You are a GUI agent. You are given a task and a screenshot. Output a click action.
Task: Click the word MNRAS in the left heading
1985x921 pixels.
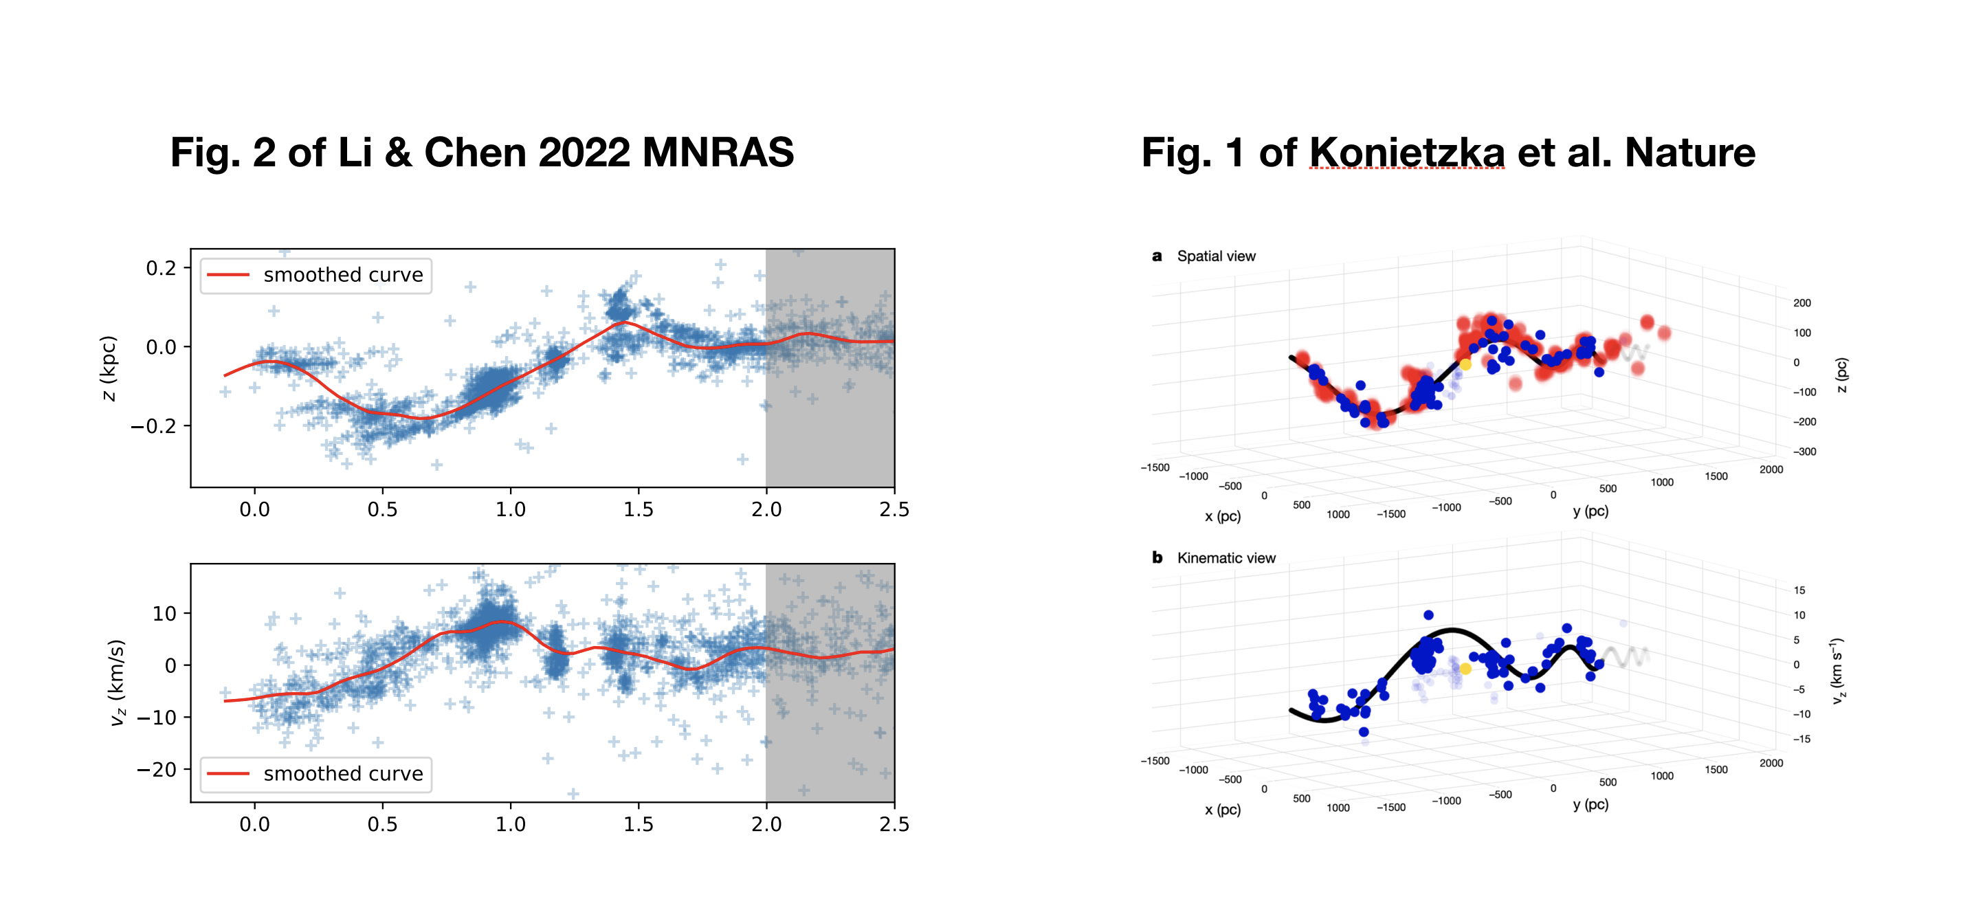718,153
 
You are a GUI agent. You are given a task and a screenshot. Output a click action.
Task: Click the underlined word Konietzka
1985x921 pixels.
1406,153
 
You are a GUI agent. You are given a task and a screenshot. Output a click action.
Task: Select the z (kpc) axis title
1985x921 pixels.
109,368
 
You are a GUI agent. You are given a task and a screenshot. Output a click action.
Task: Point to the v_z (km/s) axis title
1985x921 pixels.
116,683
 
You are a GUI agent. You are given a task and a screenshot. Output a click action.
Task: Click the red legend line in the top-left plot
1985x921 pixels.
228,275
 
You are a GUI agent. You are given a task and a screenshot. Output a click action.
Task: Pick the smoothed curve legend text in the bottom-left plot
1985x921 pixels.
343,774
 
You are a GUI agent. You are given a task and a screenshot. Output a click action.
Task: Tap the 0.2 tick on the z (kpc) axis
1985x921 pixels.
161,268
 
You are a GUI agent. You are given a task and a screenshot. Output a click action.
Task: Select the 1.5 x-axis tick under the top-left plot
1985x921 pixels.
638,509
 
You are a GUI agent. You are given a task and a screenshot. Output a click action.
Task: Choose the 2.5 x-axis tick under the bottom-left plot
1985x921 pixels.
894,825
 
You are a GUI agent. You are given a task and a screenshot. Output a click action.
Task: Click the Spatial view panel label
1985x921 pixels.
1215,256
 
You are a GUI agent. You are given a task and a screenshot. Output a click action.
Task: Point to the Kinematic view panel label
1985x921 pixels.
1226,558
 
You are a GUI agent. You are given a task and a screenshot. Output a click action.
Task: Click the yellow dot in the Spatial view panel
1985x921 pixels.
1465,364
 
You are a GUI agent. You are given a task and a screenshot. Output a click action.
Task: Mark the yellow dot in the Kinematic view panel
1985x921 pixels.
1465,669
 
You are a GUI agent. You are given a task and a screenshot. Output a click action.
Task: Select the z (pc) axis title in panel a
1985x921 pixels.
1841,375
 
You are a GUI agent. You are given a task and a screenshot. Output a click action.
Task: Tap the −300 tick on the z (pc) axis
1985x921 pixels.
1805,452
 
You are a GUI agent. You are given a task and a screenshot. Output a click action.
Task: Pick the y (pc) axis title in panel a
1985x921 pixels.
1590,511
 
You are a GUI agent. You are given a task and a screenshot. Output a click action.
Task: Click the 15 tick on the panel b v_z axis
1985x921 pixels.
1799,590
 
